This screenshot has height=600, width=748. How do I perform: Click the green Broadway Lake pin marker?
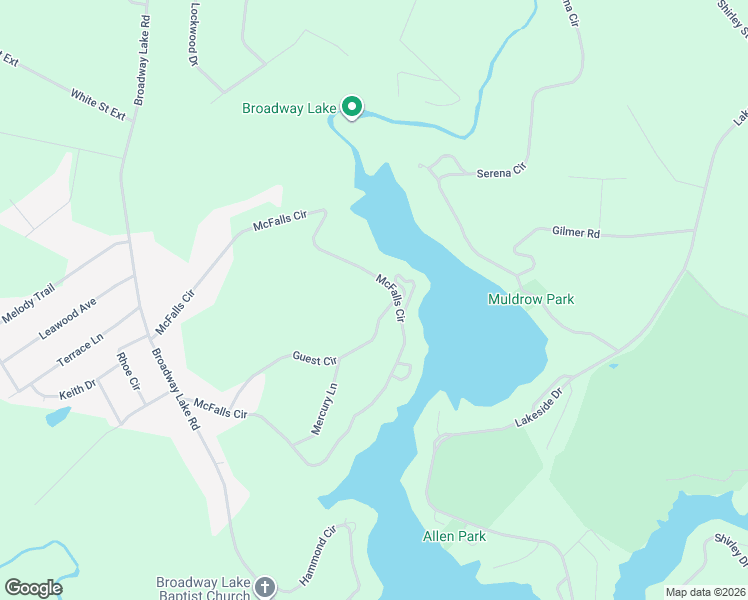352,106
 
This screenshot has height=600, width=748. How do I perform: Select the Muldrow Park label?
531,299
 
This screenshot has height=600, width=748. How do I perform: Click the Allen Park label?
454,537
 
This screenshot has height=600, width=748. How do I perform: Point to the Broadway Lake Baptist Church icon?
265,587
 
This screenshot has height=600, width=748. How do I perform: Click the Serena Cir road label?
500,172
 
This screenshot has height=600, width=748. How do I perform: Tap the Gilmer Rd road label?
575,233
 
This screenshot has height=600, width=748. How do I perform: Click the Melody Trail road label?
28,303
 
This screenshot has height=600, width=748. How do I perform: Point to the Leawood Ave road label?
67,318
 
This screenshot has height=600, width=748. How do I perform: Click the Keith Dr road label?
77,384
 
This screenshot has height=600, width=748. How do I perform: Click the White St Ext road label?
98,104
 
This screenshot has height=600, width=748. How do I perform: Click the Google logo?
34,588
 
